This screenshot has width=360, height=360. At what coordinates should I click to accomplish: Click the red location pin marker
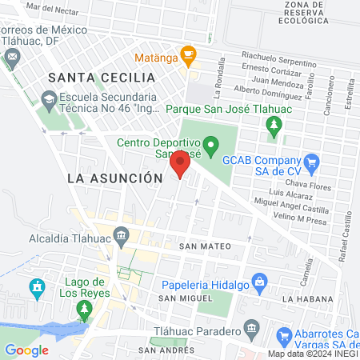click(x=180, y=165)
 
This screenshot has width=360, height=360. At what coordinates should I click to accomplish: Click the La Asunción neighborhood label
click(x=110, y=178)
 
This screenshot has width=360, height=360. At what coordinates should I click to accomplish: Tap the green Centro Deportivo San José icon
click(x=211, y=146)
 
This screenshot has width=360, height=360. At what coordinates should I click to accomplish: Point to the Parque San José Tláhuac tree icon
click(x=274, y=125)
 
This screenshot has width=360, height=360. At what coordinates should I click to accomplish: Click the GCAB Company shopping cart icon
click(x=312, y=162)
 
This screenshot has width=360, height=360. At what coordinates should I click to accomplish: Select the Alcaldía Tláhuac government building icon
click(x=122, y=235)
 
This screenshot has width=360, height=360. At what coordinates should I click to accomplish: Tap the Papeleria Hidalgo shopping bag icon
click(x=258, y=282)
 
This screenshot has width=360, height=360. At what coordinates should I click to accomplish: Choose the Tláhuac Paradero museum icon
click(x=251, y=329)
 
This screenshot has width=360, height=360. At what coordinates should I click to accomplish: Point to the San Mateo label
click(x=200, y=246)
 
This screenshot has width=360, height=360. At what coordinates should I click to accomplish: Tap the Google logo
click(x=26, y=350)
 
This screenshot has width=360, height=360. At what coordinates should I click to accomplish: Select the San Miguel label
click(x=179, y=298)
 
